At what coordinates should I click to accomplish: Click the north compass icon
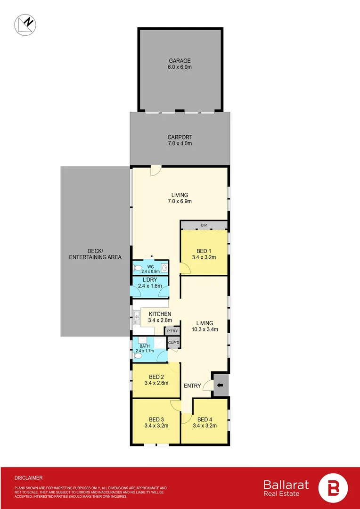click(x=26, y=24)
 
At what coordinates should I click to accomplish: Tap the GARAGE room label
click(x=180, y=64)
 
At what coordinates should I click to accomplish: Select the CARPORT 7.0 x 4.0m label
click(x=180, y=140)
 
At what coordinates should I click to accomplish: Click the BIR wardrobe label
click(x=204, y=225)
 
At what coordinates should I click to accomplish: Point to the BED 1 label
click(x=204, y=254)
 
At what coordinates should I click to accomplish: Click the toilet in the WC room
click(x=138, y=269)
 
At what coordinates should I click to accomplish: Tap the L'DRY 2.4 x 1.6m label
click(x=150, y=283)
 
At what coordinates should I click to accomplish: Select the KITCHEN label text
click(x=160, y=317)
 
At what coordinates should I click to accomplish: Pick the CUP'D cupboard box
click(x=173, y=343)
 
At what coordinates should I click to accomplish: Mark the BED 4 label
click(x=204, y=422)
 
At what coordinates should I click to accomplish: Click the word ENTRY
click(x=192, y=386)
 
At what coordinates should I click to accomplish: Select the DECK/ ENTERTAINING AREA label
click(x=95, y=254)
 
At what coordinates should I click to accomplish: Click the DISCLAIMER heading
click(x=28, y=477)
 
